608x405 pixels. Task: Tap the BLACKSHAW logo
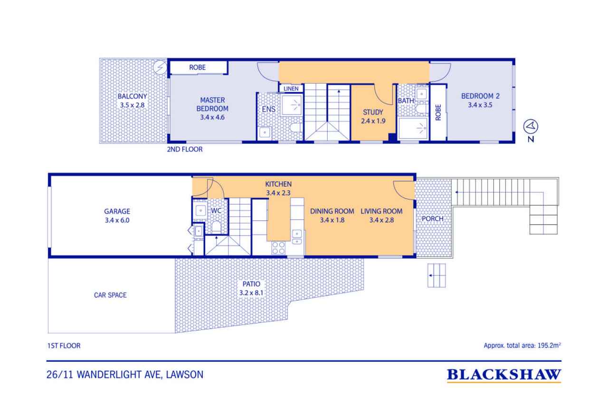coord(504,375)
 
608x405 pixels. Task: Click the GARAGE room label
coord(117,211)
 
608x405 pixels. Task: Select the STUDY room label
coord(373,112)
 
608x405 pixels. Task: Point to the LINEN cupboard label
coord(291,89)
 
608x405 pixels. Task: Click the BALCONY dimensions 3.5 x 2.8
coord(132,105)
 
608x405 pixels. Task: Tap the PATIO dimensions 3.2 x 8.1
coord(251,293)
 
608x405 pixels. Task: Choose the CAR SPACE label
coord(110,295)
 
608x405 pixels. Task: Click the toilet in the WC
coord(216,227)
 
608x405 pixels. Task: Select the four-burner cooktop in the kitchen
coord(278,248)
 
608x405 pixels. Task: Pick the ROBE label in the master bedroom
coord(197,67)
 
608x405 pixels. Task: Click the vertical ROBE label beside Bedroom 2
coord(438,113)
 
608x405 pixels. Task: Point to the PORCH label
coord(433,218)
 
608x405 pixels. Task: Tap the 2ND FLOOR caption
coord(185,149)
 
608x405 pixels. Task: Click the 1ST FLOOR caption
coord(64,346)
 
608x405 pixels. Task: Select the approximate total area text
coord(522,345)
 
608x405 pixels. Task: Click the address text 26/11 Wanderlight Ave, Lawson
coord(125,375)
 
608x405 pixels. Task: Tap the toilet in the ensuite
coord(296,128)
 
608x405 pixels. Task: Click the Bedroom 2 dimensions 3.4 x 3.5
coord(480,105)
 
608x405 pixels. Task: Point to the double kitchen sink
coord(297,237)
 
